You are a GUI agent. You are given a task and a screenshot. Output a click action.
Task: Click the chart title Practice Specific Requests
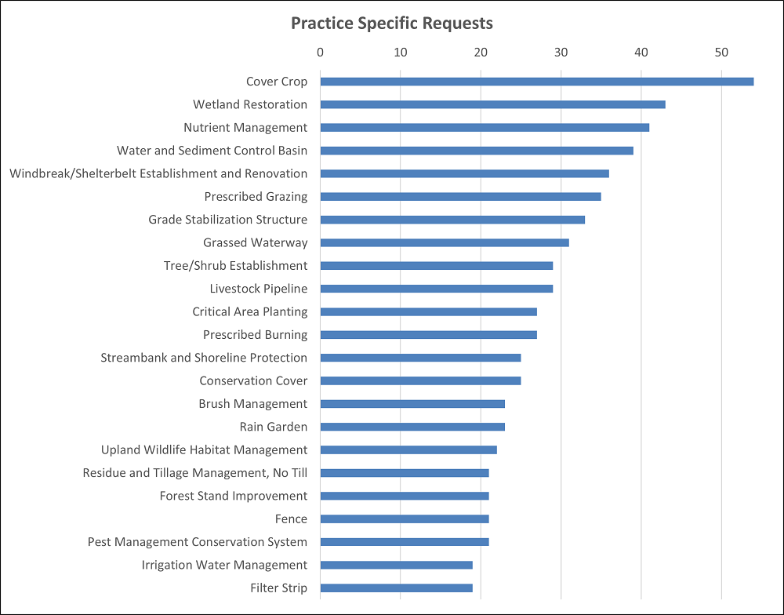click(392, 23)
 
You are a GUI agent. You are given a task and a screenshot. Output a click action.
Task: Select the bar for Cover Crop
click(536, 82)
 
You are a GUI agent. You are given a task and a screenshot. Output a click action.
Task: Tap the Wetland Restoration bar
click(492, 104)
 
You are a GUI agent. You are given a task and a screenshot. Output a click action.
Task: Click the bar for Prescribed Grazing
click(460, 196)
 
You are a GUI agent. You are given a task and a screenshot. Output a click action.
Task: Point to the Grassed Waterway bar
click(445, 242)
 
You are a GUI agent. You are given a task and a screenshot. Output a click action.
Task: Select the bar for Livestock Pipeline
click(437, 289)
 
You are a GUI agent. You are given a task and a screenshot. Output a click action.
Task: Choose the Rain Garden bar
click(412, 427)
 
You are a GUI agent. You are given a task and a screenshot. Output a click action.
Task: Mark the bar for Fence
click(405, 519)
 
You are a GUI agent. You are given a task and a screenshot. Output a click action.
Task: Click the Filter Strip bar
click(397, 588)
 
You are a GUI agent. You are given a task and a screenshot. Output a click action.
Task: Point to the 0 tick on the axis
click(320, 53)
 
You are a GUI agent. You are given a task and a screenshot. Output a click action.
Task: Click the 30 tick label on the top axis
click(561, 53)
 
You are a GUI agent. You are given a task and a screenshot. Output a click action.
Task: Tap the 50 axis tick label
click(721, 53)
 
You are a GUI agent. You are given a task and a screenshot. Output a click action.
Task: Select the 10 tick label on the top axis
click(401, 53)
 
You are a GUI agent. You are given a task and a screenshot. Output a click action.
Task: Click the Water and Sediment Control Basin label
click(212, 151)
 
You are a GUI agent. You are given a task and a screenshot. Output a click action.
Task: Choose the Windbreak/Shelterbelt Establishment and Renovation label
click(158, 173)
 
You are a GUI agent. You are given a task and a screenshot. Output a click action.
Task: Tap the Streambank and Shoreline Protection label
click(204, 358)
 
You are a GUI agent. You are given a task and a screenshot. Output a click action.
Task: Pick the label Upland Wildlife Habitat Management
click(204, 449)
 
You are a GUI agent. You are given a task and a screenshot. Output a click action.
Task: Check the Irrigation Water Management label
click(224, 565)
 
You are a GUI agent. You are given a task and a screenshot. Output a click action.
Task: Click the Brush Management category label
click(252, 404)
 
